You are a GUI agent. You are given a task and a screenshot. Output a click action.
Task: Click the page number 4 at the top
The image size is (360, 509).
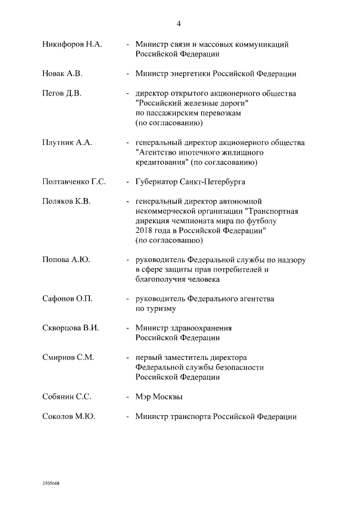pyautogui.click(x=178, y=24)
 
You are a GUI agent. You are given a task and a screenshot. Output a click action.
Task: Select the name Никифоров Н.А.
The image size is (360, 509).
pyautogui.click(x=72, y=44)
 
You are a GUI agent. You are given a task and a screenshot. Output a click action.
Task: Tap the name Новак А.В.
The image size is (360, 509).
pyautogui.click(x=62, y=74)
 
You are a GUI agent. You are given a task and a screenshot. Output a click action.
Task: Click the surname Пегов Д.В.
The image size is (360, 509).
pyautogui.click(x=62, y=93)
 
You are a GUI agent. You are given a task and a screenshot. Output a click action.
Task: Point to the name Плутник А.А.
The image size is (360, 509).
pyautogui.click(x=67, y=143)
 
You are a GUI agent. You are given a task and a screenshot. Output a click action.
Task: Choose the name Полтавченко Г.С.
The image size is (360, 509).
pyautogui.click(x=74, y=182)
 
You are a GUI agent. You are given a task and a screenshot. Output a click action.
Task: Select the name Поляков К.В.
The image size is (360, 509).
pyautogui.click(x=66, y=201)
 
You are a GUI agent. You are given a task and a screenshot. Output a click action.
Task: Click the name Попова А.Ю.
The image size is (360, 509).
pyautogui.click(x=66, y=260)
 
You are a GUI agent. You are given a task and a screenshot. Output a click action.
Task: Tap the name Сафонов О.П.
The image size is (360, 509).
pyautogui.click(x=67, y=299)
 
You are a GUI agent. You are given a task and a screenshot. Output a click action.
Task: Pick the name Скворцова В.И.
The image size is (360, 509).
pyautogui.click(x=71, y=328)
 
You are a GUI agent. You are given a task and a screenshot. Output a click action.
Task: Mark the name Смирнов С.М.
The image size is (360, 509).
pyautogui.click(x=68, y=358)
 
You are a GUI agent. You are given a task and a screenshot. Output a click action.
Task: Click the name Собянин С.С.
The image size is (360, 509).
pyautogui.click(x=67, y=397)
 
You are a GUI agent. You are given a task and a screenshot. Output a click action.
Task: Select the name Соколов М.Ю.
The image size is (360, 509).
pyautogui.click(x=69, y=416)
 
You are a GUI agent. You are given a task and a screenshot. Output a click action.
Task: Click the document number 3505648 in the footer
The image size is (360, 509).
pyautogui.click(x=51, y=483)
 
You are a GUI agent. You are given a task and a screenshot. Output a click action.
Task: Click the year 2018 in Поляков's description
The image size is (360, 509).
pyautogui.click(x=144, y=231)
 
